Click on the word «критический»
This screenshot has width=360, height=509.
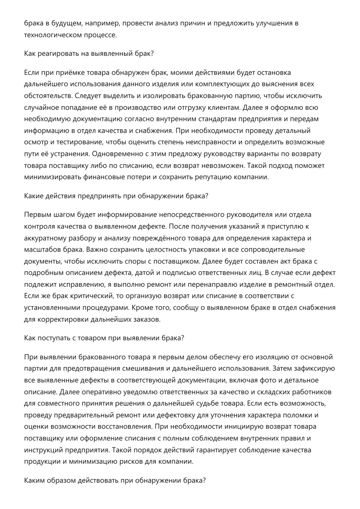(x=93, y=296)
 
